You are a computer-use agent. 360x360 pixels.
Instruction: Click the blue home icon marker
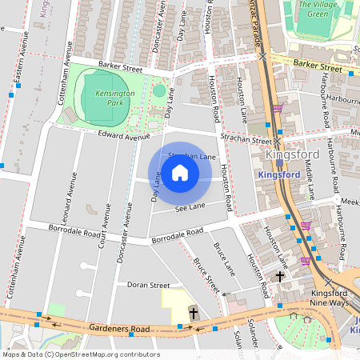pyautogui.click(x=180, y=173)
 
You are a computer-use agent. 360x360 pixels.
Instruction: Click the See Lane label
pyautogui.click(x=190, y=206)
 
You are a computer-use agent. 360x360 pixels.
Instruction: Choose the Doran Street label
pyautogui.click(x=149, y=285)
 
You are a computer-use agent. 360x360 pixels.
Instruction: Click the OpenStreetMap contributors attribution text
pyautogui.click(x=80, y=354)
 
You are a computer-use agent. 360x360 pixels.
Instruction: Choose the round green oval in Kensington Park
pyautogui.click(x=159, y=90)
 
